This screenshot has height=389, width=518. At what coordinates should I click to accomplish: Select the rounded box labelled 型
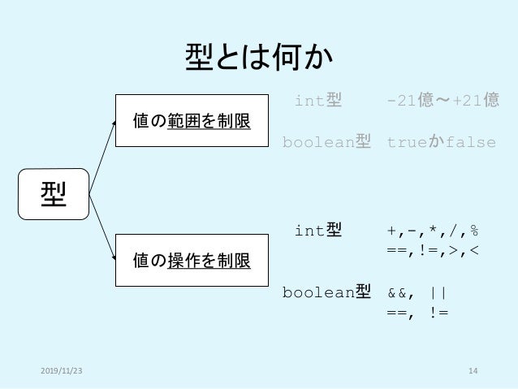point(54,194)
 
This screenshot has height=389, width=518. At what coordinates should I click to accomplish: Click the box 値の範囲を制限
point(192,122)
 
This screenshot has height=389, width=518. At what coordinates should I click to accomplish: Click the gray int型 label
point(317,101)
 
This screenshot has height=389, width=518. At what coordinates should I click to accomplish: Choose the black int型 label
point(317,231)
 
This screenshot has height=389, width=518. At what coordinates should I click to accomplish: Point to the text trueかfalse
point(441,144)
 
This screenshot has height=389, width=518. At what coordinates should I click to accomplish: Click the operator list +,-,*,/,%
point(433,231)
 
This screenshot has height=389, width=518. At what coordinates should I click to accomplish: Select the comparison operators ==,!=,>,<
point(433,250)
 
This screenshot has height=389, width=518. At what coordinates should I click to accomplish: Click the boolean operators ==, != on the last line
point(417,311)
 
